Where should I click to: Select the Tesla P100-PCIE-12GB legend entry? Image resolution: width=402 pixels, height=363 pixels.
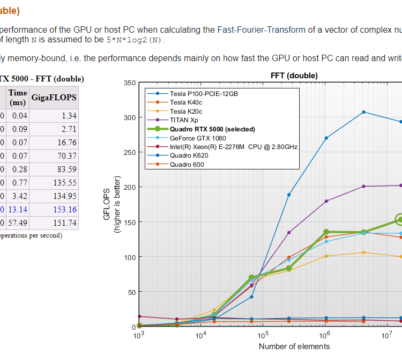click(203, 93)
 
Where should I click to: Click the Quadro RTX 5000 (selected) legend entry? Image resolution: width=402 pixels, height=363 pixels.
click(205, 129)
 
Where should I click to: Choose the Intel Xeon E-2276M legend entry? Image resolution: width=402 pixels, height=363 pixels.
click(233, 146)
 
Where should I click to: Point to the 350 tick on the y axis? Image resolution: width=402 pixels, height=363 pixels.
click(130, 83)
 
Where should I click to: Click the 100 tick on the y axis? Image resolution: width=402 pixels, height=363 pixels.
click(130, 257)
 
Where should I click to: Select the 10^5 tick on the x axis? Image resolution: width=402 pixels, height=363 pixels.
click(263, 336)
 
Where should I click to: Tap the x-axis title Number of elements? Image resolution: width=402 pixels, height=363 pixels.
click(294, 346)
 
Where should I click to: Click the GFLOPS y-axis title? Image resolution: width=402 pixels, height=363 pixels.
click(107, 204)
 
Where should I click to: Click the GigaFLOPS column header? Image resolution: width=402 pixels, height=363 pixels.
click(54, 98)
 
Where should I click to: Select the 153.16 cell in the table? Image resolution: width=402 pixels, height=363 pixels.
click(65, 209)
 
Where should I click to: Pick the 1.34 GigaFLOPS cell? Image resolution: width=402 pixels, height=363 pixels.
click(69, 115)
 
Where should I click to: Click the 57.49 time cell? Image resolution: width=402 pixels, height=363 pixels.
click(18, 223)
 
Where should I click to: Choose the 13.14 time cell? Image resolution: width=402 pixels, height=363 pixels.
click(18, 209)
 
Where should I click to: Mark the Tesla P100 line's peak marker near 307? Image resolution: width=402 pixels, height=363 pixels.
click(363, 112)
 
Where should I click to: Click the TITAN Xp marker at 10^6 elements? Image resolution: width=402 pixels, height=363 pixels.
click(326, 201)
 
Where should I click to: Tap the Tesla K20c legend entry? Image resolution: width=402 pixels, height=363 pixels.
click(186, 111)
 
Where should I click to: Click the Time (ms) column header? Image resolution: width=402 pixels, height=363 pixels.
click(17, 97)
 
